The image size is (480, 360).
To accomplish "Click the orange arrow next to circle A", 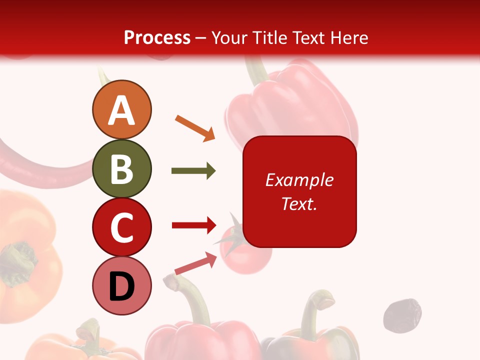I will pyautogui.click(x=195, y=128).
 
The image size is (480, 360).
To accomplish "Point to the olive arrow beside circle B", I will pyautogui.click(x=193, y=171).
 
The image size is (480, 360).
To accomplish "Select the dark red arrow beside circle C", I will pyautogui.click(x=194, y=225).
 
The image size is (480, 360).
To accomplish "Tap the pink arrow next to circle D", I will pyautogui.click(x=196, y=263).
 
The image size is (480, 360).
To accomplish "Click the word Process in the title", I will pyautogui.click(x=157, y=38).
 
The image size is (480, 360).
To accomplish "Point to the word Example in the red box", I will pyautogui.click(x=299, y=180).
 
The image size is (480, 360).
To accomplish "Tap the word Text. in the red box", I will pyautogui.click(x=299, y=203).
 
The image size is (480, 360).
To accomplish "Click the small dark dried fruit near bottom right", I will pyautogui.click(x=402, y=315).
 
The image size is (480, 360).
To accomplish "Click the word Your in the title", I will pyautogui.click(x=230, y=38).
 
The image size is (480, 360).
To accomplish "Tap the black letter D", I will pyautogui.click(x=122, y=287).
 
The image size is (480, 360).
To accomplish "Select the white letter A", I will pyautogui.click(x=122, y=110).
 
